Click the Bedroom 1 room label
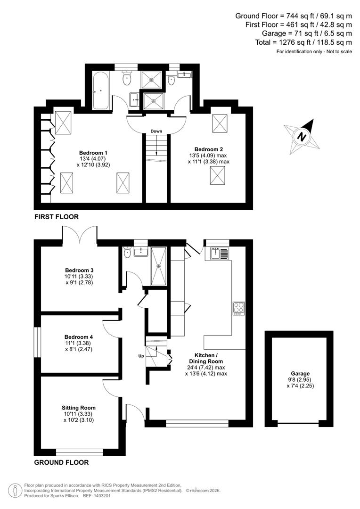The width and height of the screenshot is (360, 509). (93, 153)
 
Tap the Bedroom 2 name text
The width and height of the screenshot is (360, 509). (209, 149)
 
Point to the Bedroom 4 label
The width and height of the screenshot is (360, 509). (79, 337)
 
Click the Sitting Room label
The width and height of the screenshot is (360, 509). (79, 408)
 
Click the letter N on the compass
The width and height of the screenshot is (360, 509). (300, 137)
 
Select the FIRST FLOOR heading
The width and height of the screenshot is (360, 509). (56, 217)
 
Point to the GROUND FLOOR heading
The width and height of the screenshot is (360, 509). (61, 462)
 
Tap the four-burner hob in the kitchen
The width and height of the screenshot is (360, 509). (238, 308)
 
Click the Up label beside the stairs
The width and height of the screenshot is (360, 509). (141, 356)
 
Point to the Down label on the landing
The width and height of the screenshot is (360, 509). (156, 131)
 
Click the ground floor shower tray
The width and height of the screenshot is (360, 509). (158, 266)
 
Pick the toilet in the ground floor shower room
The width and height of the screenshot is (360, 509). (127, 253)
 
